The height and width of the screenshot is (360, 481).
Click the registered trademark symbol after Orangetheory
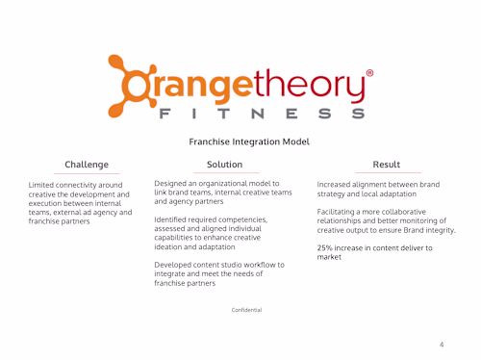[x=370, y=73]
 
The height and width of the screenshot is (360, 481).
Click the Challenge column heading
[x=87, y=165]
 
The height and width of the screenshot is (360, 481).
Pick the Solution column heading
[x=224, y=165]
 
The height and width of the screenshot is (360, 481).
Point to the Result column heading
[x=386, y=165]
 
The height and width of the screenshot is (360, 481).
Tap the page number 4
[x=441, y=344]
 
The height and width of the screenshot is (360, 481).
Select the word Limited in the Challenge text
[x=43, y=184]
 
